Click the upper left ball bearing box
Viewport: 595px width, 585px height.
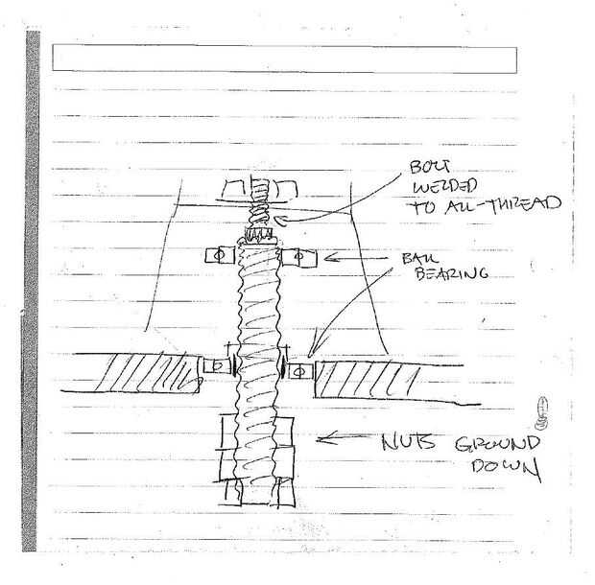(216, 256)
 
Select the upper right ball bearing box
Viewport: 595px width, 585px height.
(297, 257)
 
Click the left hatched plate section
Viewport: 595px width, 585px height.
(153, 371)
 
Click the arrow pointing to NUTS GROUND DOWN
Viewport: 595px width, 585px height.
(343, 440)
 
